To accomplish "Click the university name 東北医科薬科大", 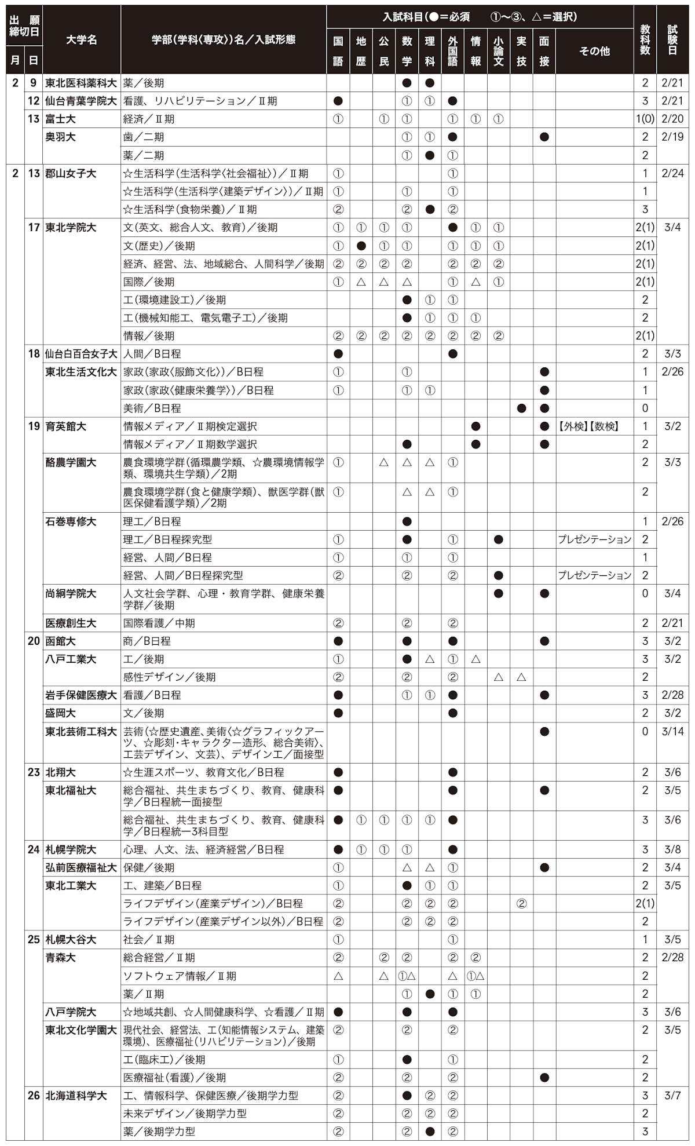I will click(x=81, y=83).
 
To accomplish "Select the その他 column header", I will click(x=594, y=51).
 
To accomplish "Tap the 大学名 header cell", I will click(x=81, y=39).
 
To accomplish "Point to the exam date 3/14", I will click(x=672, y=731).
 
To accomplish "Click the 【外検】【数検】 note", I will click(x=588, y=426).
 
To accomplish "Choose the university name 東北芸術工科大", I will click(x=81, y=731).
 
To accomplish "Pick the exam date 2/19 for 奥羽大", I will click(x=672, y=137).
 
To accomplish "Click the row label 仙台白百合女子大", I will click(x=81, y=353).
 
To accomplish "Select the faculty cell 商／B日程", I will click(x=147, y=641).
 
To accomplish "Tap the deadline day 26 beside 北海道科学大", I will click(x=34, y=1095).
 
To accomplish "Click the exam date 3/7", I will click(x=672, y=1095).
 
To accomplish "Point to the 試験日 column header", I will click(x=672, y=39).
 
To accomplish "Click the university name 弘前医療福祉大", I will click(x=81, y=867).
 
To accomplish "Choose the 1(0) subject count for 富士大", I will click(x=645, y=119).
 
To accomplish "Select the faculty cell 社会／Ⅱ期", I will click(x=148, y=939).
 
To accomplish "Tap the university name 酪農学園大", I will click(x=71, y=462).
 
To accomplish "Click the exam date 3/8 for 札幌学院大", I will click(x=672, y=849).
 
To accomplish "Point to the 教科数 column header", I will click(x=645, y=39).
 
